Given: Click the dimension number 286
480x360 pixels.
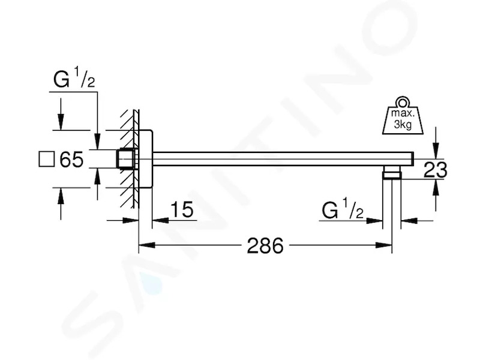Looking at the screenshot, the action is click(x=265, y=245).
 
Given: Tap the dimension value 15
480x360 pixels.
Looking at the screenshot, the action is click(x=182, y=209).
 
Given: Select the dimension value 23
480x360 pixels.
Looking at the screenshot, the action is click(x=436, y=170).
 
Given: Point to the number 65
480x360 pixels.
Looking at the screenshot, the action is click(x=71, y=159).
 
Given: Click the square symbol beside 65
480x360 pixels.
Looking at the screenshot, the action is click(x=47, y=159).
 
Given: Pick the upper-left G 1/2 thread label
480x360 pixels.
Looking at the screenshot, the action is click(x=74, y=79).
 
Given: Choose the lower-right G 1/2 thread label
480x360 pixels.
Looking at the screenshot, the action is click(x=343, y=209).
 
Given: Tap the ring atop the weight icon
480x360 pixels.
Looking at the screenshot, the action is click(x=402, y=102).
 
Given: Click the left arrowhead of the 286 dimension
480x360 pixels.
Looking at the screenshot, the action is click(x=146, y=245).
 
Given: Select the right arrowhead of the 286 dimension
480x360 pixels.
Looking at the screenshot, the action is click(x=384, y=245).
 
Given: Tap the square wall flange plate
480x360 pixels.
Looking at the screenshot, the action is click(x=145, y=159).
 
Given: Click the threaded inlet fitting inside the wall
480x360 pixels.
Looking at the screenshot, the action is click(x=127, y=159).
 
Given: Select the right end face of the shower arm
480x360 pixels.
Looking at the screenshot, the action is click(x=413, y=159).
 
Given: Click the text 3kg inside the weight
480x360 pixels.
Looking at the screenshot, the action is click(x=403, y=124).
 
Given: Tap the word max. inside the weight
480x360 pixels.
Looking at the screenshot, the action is click(x=403, y=113).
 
